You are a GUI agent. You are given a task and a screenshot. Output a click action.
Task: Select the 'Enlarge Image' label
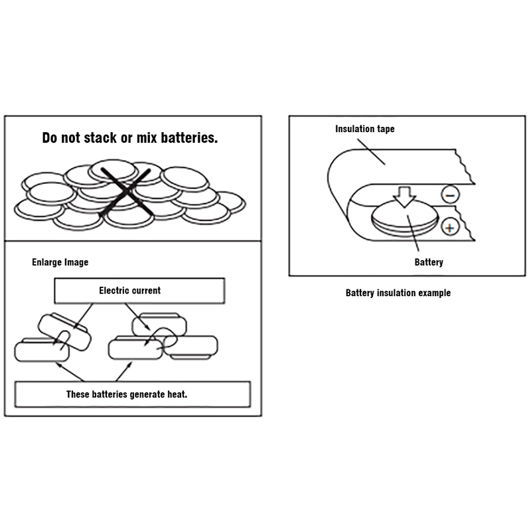click(60, 262)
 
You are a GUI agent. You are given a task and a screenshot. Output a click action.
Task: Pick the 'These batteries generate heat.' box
click(132, 394)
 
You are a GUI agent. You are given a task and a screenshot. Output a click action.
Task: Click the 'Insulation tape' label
click(364, 129)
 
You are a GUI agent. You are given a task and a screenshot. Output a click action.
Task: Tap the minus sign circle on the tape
click(449, 195)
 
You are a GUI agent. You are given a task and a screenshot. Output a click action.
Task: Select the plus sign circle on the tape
click(450, 228)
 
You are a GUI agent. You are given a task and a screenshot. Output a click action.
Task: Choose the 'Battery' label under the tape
click(429, 262)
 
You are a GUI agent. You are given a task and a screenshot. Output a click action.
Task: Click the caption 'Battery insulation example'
click(398, 293)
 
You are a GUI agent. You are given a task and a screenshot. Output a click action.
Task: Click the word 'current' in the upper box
click(147, 290)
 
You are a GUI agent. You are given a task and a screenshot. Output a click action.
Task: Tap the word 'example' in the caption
click(433, 293)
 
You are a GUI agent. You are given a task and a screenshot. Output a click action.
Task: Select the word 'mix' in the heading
click(147, 138)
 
